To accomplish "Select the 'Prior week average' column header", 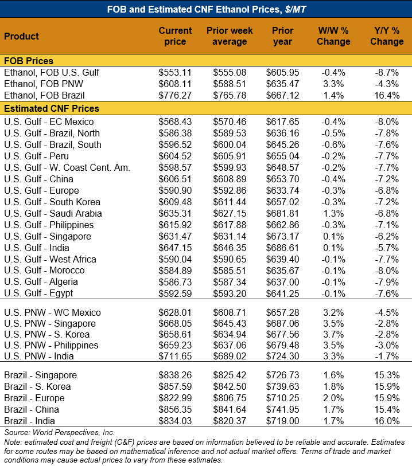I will (x=229, y=36).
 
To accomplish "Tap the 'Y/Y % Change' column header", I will (x=386, y=36).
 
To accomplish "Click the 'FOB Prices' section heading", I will (x=29, y=61).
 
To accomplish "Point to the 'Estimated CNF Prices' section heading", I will (x=52, y=108).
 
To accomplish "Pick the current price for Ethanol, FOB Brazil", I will (x=174, y=95).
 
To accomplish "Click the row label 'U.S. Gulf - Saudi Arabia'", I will (x=53, y=213).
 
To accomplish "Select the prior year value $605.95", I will (x=282, y=72).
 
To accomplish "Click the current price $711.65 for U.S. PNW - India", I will (x=174, y=357).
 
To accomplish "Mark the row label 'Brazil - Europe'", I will (x=34, y=398).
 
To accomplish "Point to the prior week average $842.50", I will (x=229, y=386).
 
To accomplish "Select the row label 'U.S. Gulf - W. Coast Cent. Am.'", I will (x=67, y=167).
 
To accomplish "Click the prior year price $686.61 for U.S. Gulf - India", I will (x=282, y=248).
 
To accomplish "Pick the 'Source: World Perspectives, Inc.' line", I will (x=59, y=432).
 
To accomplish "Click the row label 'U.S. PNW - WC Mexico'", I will (x=52, y=312).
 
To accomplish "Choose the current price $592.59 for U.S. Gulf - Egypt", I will (x=174, y=293).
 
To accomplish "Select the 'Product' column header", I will (x=22, y=36).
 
